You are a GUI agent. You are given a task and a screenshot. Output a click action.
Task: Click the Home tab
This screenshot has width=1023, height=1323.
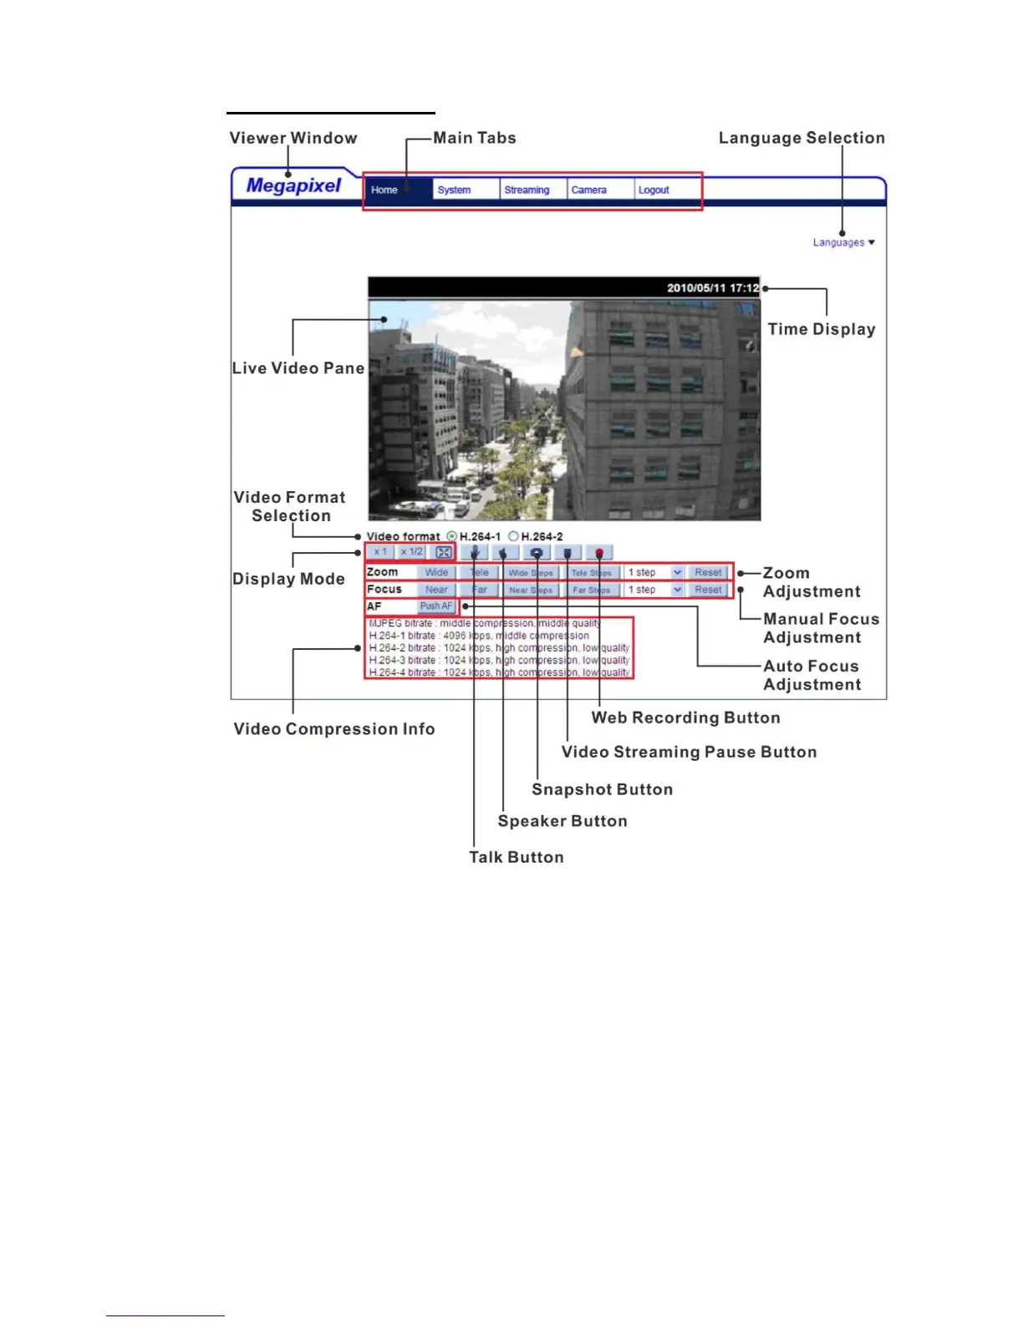click(x=384, y=190)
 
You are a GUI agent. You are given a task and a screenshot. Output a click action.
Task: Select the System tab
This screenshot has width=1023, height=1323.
click(x=454, y=190)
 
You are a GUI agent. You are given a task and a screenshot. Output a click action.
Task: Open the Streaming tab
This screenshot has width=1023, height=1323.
click(x=527, y=190)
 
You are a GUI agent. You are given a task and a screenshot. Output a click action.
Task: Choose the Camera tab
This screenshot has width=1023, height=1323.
click(x=588, y=190)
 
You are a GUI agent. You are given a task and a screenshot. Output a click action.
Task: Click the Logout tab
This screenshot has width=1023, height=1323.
click(x=654, y=190)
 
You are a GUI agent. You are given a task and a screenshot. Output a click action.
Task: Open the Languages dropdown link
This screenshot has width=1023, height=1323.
click(x=843, y=243)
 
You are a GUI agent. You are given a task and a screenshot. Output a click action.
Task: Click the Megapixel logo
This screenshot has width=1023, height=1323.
click(x=293, y=186)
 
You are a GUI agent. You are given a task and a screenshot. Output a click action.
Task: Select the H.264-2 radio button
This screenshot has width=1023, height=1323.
click(x=514, y=536)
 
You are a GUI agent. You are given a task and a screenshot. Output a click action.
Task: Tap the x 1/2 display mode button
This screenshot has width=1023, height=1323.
click(x=412, y=552)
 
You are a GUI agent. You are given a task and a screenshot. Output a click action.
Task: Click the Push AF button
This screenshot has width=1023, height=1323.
click(x=435, y=606)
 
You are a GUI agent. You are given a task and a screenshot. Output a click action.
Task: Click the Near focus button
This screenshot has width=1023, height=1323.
click(x=436, y=590)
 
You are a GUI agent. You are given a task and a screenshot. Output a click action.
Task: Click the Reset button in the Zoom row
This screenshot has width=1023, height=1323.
click(x=708, y=573)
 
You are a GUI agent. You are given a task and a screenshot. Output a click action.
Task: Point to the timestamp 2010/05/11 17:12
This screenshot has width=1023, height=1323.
click(x=712, y=288)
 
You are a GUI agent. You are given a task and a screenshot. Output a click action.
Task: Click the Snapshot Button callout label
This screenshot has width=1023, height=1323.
click(x=602, y=789)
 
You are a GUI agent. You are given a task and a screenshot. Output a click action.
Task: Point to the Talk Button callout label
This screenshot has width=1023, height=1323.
click(x=516, y=857)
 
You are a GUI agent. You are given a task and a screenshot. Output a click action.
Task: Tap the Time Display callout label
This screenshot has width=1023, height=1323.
click(x=821, y=329)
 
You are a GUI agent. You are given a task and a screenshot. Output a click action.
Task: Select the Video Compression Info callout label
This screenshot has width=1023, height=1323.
click(x=333, y=729)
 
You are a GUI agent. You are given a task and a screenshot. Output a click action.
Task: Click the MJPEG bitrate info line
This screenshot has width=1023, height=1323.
click(x=484, y=623)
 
